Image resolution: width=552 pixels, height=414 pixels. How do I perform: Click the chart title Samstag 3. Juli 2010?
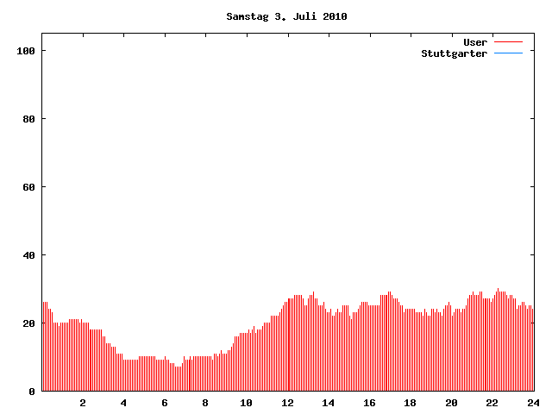point(286,16)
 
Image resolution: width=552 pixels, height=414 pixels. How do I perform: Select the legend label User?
point(475,42)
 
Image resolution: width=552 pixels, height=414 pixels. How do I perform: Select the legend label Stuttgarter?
point(454,53)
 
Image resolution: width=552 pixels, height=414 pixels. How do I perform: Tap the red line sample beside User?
point(509,42)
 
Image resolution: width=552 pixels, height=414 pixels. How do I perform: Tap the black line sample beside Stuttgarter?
point(509,53)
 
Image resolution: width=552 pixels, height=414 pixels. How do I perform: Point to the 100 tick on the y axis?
point(26,51)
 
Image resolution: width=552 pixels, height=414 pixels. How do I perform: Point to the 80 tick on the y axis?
point(29,119)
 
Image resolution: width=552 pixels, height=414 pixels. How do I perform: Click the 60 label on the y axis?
point(29,187)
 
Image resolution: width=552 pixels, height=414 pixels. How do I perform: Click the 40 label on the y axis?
point(29,255)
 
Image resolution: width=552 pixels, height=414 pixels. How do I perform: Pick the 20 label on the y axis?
point(29,323)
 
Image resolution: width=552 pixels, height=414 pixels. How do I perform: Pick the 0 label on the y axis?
point(32,392)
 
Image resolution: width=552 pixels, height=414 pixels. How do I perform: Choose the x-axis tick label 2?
point(83,403)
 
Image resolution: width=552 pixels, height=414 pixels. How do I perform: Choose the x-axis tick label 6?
point(165,403)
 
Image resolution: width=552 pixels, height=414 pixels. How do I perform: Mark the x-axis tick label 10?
point(246,403)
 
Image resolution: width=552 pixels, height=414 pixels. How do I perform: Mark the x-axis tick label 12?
point(287,403)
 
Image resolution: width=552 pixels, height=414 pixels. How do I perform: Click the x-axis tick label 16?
point(369,403)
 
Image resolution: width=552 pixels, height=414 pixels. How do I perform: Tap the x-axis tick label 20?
point(451,403)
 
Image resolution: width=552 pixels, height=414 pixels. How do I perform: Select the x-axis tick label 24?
point(532,403)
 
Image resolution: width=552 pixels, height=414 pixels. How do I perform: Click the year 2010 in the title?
point(336,16)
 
